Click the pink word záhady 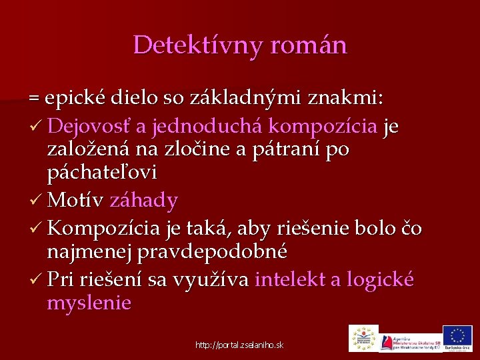(143, 200)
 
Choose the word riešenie (291, 229)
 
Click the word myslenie (89, 303)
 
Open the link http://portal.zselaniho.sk (239, 345)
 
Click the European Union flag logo (457, 336)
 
